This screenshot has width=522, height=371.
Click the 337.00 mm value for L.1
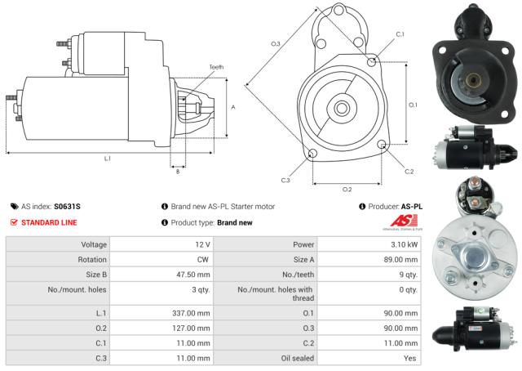193,312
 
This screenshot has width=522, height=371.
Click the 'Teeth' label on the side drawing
215,66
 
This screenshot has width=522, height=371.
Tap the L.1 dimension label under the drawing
107,159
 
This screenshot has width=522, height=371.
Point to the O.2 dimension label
347,189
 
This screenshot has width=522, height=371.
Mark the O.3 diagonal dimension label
275,43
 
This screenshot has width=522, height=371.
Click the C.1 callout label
400,34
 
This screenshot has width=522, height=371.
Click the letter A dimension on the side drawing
233,107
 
